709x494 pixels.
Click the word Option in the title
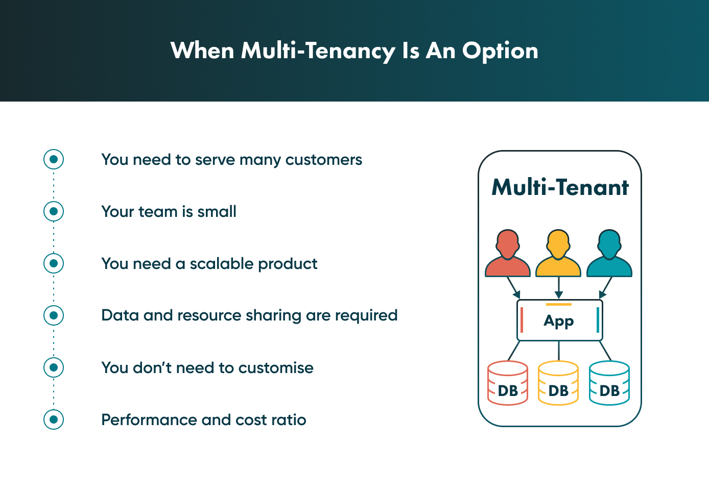(x=500, y=51)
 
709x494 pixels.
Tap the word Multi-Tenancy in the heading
(x=318, y=51)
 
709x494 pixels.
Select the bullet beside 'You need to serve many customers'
(x=54, y=159)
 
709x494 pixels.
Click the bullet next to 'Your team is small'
(x=54, y=211)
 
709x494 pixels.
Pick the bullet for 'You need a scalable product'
(x=54, y=263)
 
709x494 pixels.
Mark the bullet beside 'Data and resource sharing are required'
(x=54, y=315)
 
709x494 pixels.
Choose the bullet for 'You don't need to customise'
(x=54, y=367)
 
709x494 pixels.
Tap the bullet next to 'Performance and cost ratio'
(x=54, y=419)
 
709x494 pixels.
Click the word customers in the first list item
(x=323, y=160)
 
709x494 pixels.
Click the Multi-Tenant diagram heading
(x=560, y=187)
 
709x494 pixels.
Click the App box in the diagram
(x=559, y=320)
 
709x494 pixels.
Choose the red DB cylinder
(x=508, y=383)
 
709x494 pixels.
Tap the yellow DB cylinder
(x=558, y=383)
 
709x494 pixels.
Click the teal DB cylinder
(x=609, y=383)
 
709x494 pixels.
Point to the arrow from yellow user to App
(x=559, y=288)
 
